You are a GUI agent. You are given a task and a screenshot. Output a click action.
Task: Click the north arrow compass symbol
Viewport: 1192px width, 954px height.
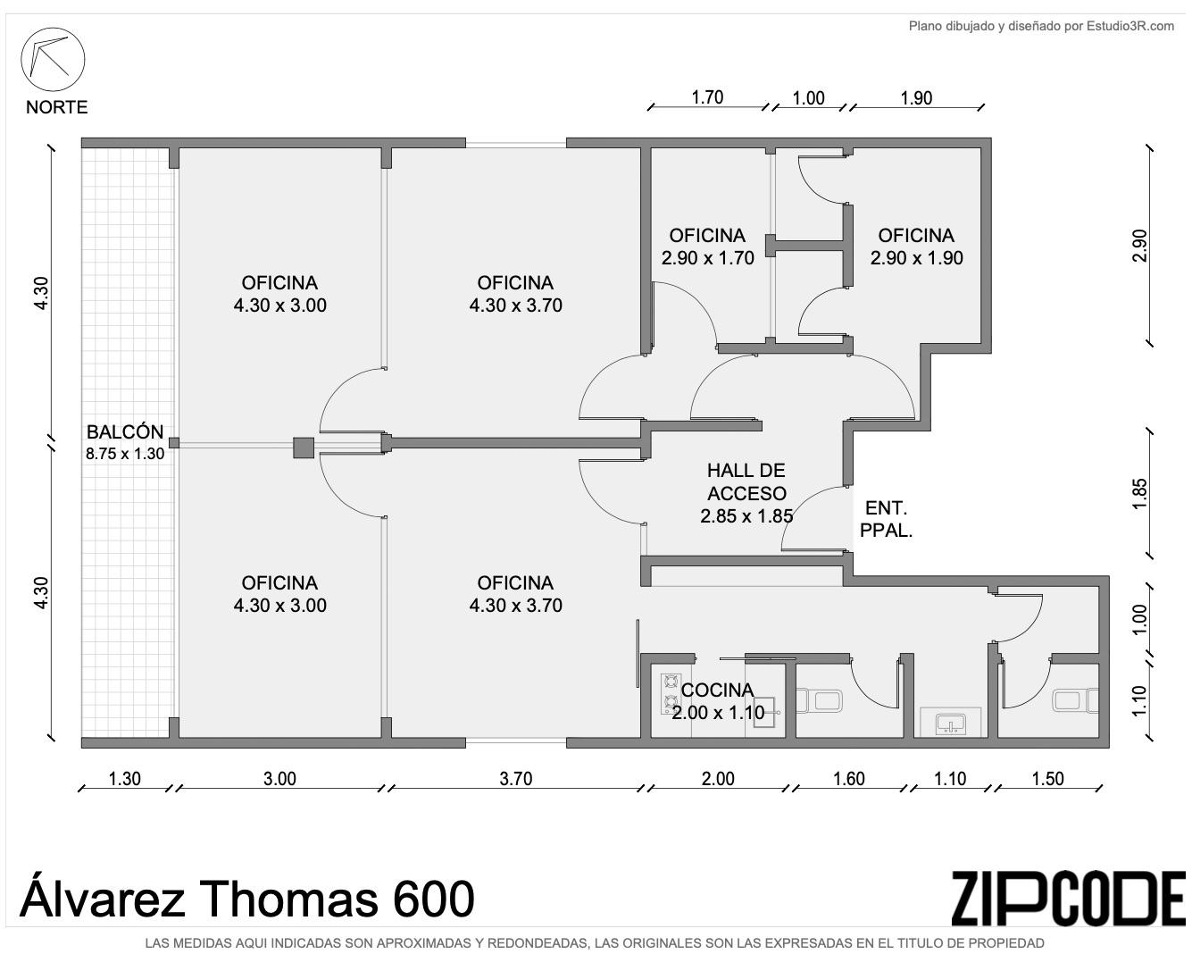pyautogui.click(x=53, y=60)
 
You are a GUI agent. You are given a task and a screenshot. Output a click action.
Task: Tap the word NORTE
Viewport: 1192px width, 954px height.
pyautogui.click(x=56, y=107)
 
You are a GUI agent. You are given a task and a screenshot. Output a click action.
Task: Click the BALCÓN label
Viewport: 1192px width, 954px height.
pyautogui.click(x=125, y=431)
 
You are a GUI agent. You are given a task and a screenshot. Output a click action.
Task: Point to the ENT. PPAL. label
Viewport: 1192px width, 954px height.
pyautogui.click(x=887, y=519)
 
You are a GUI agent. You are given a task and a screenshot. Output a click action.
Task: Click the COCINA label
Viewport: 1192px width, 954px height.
pyautogui.click(x=717, y=690)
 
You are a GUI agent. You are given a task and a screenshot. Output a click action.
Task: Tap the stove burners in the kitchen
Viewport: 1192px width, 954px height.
pyautogui.click(x=671, y=693)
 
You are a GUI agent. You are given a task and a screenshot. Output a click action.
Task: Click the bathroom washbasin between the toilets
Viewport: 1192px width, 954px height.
pyautogui.click(x=951, y=722)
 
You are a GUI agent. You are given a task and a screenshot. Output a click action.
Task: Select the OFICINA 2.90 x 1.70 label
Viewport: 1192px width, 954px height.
pyautogui.click(x=707, y=247)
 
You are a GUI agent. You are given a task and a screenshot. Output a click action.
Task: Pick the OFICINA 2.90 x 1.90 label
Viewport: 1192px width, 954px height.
pyautogui.click(x=916, y=247)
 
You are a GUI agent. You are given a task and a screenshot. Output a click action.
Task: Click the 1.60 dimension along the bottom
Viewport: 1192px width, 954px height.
pyautogui.click(x=848, y=779)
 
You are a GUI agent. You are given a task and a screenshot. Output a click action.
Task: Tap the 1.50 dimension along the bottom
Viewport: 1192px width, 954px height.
pyautogui.click(x=1047, y=779)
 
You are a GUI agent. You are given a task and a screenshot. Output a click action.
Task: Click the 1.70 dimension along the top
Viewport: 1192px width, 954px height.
pyautogui.click(x=707, y=97)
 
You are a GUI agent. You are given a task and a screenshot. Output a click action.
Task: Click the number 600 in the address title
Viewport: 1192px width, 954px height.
pyautogui.click(x=434, y=899)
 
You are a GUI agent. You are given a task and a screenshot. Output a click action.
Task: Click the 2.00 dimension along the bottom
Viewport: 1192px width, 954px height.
pyautogui.click(x=718, y=779)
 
